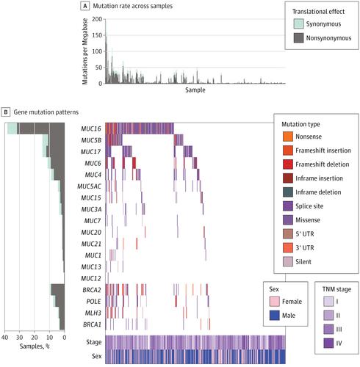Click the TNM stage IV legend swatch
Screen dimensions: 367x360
click(328, 341)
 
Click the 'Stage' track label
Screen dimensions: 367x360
click(93, 321)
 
